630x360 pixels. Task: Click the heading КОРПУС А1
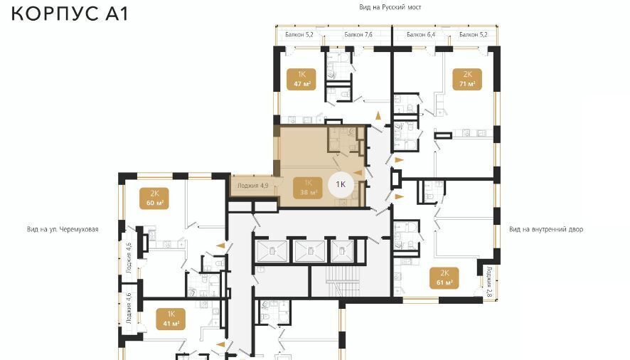pyautogui.click(x=70, y=13)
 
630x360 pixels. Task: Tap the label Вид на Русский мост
pyautogui.click(x=390, y=7)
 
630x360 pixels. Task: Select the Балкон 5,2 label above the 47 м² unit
pyautogui.click(x=299, y=35)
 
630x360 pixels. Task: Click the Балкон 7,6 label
pyautogui.click(x=358, y=35)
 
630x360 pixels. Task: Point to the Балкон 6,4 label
pyautogui.click(x=421, y=35)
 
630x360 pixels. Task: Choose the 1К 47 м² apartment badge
pyautogui.click(x=301, y=79)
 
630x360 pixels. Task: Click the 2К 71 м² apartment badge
pyautogui.click(x=467, y=79)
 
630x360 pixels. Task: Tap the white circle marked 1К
pyautogui.click(x=341, y=185)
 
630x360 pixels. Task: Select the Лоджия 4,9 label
pyautogui.click(x=252, y=186)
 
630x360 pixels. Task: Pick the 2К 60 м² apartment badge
pyautogui.click(x=154, y=198)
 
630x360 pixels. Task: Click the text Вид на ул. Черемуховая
pyautogui.click(x=63, y=229)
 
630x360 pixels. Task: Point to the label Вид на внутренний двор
pyautogui.click(x=546, y=229)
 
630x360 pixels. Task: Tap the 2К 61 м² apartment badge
pyautogui.click(x=444, y=278)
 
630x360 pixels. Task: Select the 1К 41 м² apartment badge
pyautogui.click(x=171, y=319)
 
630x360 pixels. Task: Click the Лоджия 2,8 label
pyautogui.click(x=489, y=282)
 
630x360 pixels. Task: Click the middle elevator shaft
pyautogui.click(x=310, y=251)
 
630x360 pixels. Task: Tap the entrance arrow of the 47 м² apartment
pyautogui.click(x=378, y=116)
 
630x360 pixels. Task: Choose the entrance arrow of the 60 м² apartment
pyautogui.click(x=220, y=245)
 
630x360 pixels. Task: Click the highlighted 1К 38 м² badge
pyautogui.click(x=308, y=187)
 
